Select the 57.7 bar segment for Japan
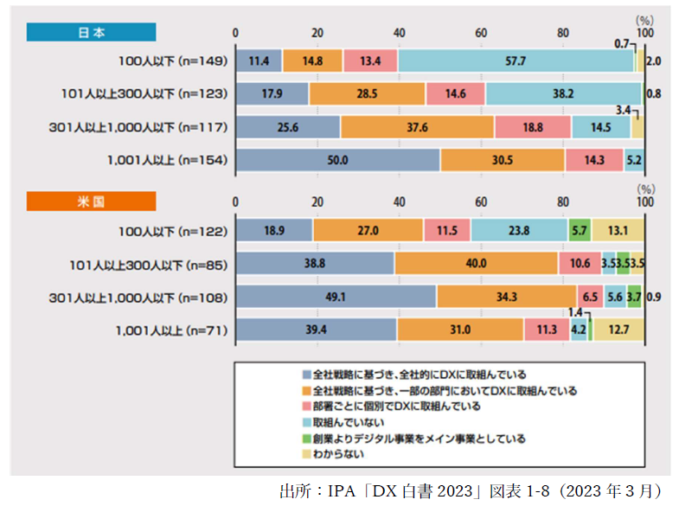516,61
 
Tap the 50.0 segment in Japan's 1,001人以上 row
337,160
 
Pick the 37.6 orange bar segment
417,127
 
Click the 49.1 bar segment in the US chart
336,297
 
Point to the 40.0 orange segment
476,264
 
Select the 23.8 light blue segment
519,231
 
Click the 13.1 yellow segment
618,231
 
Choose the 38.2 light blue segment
563,94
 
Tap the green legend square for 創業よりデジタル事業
307,438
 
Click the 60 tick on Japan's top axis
481,32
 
